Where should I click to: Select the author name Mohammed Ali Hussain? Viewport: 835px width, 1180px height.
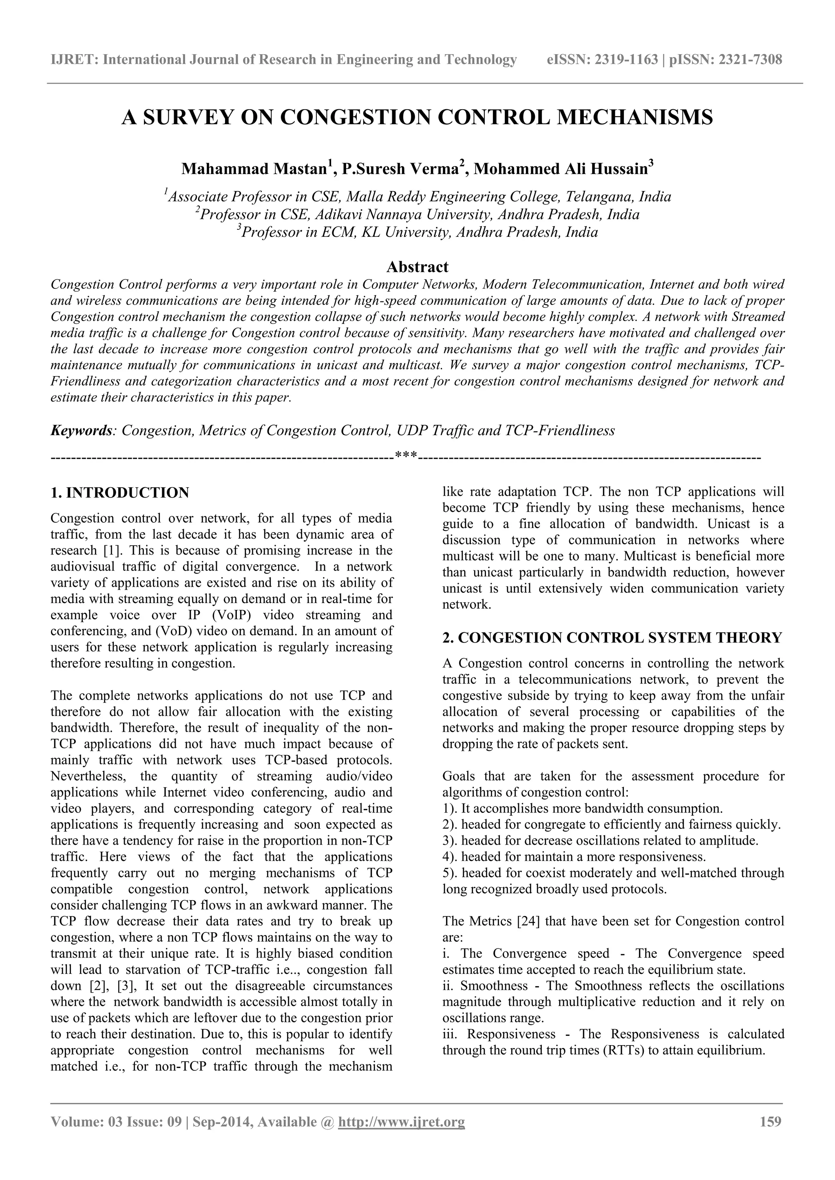point(561,169)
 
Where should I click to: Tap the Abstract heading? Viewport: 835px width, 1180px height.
point(417,267)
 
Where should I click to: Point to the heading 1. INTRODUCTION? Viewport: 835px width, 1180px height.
point(120,493)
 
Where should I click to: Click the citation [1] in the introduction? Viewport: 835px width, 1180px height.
point(112,550)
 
